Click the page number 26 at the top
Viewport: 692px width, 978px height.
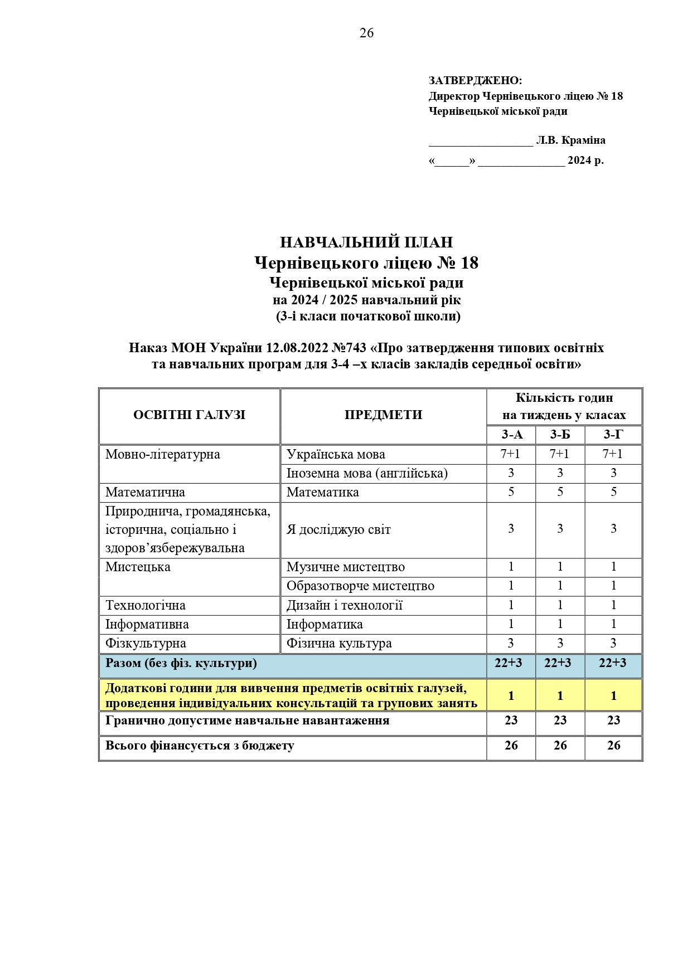pyautogui.click(x=366, y=33)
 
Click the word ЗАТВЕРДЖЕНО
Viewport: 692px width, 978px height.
pyautogui.click(x=475, y=81)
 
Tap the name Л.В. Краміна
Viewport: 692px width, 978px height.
pyautogui.click(x=570, y=140)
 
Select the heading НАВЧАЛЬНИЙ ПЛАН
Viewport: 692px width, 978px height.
pyautogui.click(x=366, y=242)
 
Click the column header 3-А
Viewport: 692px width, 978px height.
pyautogui.click(x=511, y=435)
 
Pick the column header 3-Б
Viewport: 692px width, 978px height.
pyautogui.click(x=560, y=435)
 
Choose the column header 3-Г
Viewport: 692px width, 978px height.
pyautogui.click(x=613, y=435)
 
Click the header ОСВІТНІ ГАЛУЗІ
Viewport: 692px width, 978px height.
pyautogui.click(x=189, y=415)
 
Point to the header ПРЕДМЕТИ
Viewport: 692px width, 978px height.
pyautogui.click(x=383, y=415)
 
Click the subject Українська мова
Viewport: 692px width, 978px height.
pyautogui.click(x=336, y=455)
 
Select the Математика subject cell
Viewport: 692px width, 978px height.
pyautogui.click(x=323, y=493)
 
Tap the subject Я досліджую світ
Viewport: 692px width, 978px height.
pyautogui.click(x=338, y=530)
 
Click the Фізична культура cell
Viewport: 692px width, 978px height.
pyautogui.click(x=339, y=644)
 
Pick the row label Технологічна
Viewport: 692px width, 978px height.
pyautogui.click(x=146, y=606)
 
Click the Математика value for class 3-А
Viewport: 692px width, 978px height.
pyautogui.click(x=511, y=492)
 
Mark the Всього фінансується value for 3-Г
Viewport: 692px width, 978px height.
pyautogui.click(x=613, y=746)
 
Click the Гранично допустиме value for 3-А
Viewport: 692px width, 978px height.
pyautogui.click(x=511, y=721)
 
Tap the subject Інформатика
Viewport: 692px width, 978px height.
pyautogui.click(x=325, y=625)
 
